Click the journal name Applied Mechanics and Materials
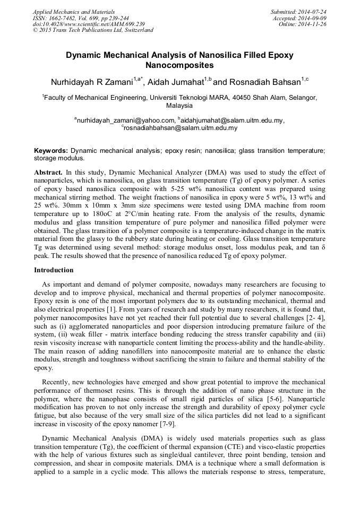click(74, 11)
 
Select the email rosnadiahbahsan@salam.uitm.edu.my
click(181, 128)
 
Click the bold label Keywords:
click(51, 151)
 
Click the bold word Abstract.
click(48, 172)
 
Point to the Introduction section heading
click(54, 270)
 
